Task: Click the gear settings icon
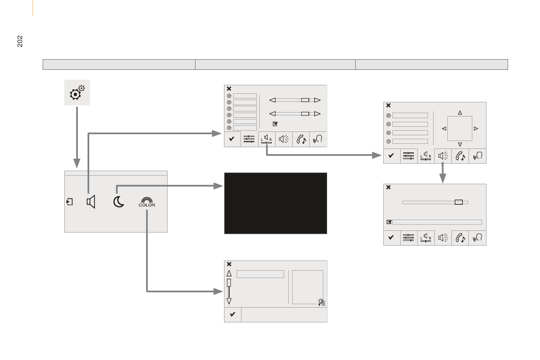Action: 77,92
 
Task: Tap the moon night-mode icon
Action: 118,201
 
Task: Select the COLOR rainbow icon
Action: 147,202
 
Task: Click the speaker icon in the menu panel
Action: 91,202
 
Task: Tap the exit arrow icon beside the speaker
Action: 69,202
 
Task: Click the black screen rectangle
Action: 276,203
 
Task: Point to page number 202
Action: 20,41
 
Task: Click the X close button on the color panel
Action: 229,264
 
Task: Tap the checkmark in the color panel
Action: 232,314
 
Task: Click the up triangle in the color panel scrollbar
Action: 229,274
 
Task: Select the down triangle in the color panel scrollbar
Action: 229,301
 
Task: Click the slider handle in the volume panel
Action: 459,202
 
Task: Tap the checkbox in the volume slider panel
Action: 389,222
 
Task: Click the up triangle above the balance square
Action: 460,113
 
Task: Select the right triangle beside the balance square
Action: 476,129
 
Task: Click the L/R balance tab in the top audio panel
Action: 267,139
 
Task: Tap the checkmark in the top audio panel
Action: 232,139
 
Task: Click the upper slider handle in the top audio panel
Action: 305,100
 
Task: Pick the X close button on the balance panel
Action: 388,105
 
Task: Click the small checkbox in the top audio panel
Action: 275,123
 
